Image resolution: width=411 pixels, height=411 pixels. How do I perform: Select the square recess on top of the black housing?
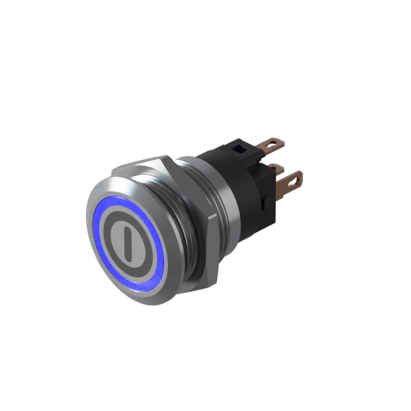(238, 150)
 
